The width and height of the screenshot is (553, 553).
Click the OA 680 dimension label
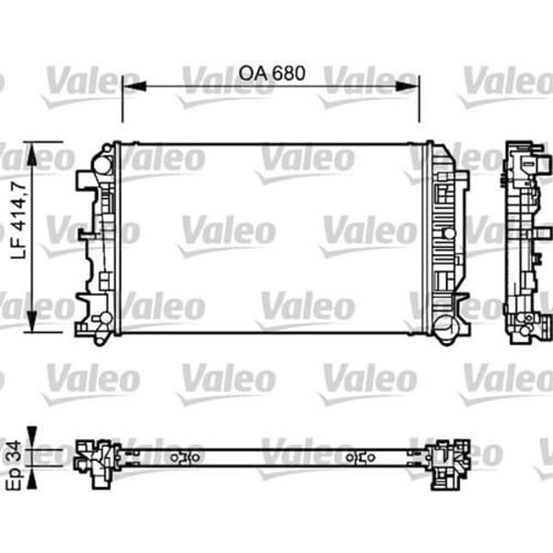click(x=271, y=72)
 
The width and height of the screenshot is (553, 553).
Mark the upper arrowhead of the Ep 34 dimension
click(x=34, y=437)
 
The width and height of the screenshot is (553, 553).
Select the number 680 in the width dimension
click(x=287, y=72)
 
